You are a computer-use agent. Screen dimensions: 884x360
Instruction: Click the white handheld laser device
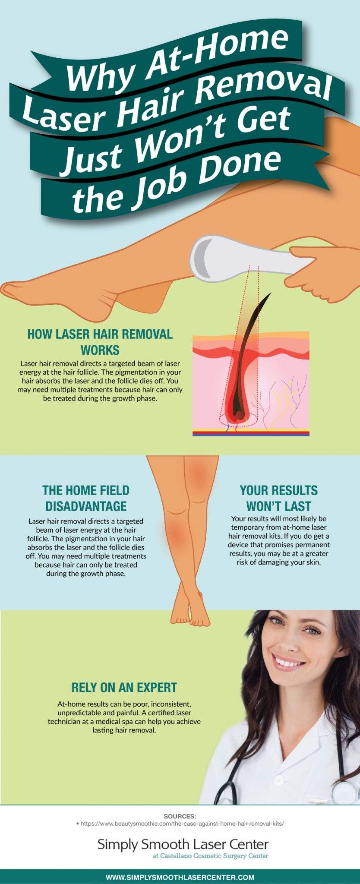(x=242, y=258)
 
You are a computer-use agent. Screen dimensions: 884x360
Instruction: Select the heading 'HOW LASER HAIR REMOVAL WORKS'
(x=100, y=342)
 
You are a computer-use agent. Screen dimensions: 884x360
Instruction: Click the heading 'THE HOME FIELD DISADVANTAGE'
(x=86, y=498)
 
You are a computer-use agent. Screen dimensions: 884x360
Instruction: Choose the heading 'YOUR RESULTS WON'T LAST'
(x=278, y=498)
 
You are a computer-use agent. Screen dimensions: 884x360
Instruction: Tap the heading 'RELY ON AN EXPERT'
(x=124, y=688)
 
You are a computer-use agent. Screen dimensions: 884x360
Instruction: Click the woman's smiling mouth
(x=288, y=663)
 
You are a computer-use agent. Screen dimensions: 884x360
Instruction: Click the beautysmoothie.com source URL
(x=182, y=824)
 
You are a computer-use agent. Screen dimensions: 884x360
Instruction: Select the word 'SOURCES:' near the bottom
(x=180, y=816)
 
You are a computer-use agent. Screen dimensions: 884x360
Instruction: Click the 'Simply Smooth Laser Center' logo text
(x=183, y=844)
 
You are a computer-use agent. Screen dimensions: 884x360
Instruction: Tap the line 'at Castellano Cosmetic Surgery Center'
(x=210, y=856)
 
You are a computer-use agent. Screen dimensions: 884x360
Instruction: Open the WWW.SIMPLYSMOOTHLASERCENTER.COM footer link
(x=180, y=877)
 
